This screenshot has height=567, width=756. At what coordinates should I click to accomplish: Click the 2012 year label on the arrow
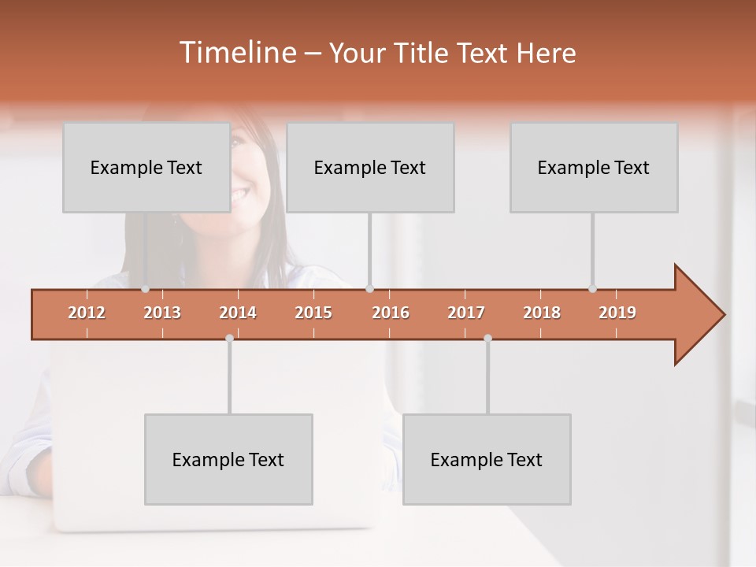87,313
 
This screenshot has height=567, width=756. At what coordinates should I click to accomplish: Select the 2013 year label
162,313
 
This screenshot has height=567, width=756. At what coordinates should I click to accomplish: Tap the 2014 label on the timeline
238,313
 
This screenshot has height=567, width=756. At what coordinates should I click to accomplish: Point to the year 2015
313,313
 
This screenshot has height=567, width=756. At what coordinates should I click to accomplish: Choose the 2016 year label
391,313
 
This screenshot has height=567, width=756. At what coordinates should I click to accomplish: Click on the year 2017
466,313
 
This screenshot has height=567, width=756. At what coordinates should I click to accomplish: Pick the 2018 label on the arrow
542,313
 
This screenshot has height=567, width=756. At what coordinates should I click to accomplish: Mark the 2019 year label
617,313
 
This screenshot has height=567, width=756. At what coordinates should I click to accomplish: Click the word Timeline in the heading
236,53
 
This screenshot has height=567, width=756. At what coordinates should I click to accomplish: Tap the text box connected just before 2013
146,167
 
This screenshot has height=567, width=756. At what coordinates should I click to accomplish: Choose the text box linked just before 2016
370,167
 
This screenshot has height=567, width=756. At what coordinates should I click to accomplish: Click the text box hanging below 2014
228,459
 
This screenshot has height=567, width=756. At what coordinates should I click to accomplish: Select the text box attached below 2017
487,459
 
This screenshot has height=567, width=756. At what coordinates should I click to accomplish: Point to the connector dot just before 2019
592,289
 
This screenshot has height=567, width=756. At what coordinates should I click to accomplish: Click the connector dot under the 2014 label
229,338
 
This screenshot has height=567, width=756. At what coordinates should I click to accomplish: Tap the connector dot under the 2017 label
487,338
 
